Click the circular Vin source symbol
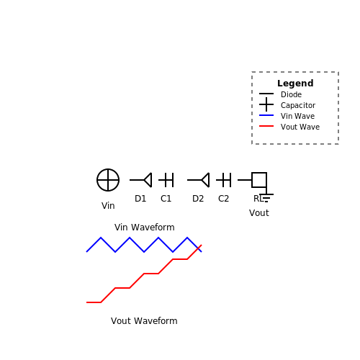pos(108,180)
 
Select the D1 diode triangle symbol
pos(148,180)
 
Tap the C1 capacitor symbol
pos(166,180)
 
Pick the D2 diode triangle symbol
pos(205,180)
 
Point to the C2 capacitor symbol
pos(224,180)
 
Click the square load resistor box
pos(259,180)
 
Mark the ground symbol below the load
pos(266,198)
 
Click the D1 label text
pos(140,199)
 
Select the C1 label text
pos(166,199)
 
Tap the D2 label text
pos(198,199)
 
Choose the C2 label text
pos(223,199)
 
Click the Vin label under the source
pos(108,206)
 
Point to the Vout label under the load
pos(259,213)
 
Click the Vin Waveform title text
pos(145,228)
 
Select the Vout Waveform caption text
pos(144,321)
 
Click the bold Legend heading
pos(295,84)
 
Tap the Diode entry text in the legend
pos(291,94)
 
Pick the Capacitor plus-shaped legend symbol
pos(266,104)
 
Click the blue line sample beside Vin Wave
pos(266,115)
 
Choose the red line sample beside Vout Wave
pos(266,126)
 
